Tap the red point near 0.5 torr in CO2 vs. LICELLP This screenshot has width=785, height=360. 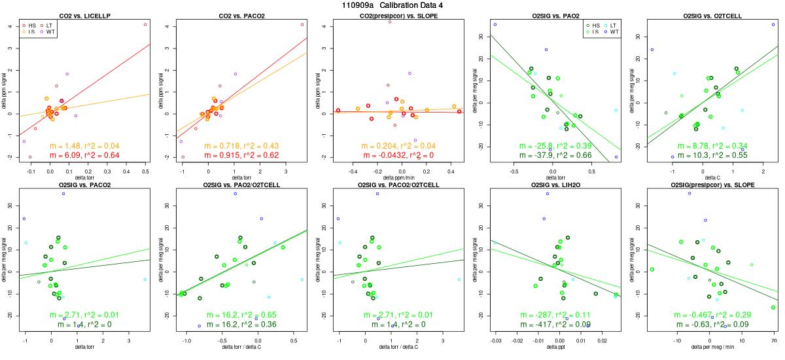(x=145, y=24)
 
